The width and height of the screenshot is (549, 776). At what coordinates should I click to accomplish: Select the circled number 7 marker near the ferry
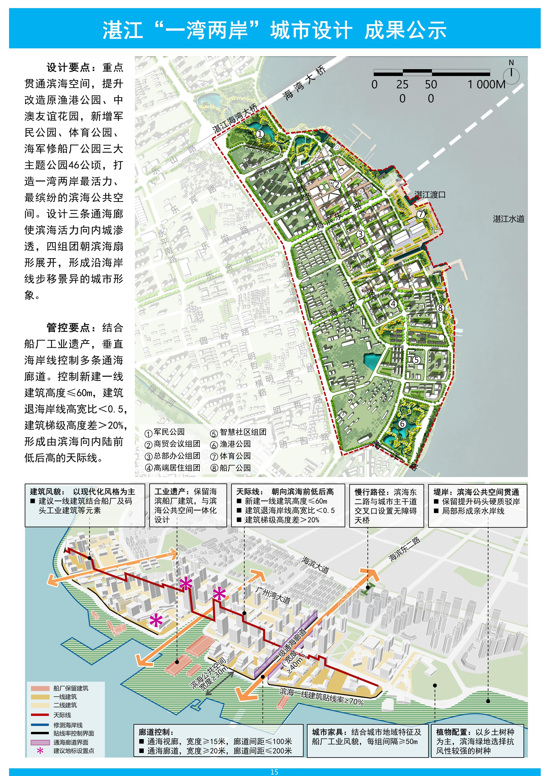click(421, 214)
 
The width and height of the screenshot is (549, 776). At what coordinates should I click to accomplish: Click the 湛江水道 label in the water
click(508, 219)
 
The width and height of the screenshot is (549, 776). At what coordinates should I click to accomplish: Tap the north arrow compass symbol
click(511, 74)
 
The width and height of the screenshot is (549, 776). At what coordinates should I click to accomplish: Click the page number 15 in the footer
click(274, 772)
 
